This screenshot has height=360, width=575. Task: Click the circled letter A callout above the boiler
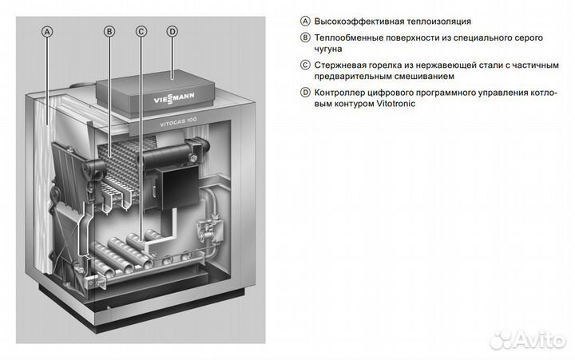[47, 32]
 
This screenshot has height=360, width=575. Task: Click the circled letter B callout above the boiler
[110, 32]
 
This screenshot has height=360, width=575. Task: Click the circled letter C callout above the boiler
[141, 32]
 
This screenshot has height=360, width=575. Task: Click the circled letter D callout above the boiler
[172, 32]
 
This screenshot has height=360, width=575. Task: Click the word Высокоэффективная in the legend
[355, 21]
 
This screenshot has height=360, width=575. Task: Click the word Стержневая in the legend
[340, 65]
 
